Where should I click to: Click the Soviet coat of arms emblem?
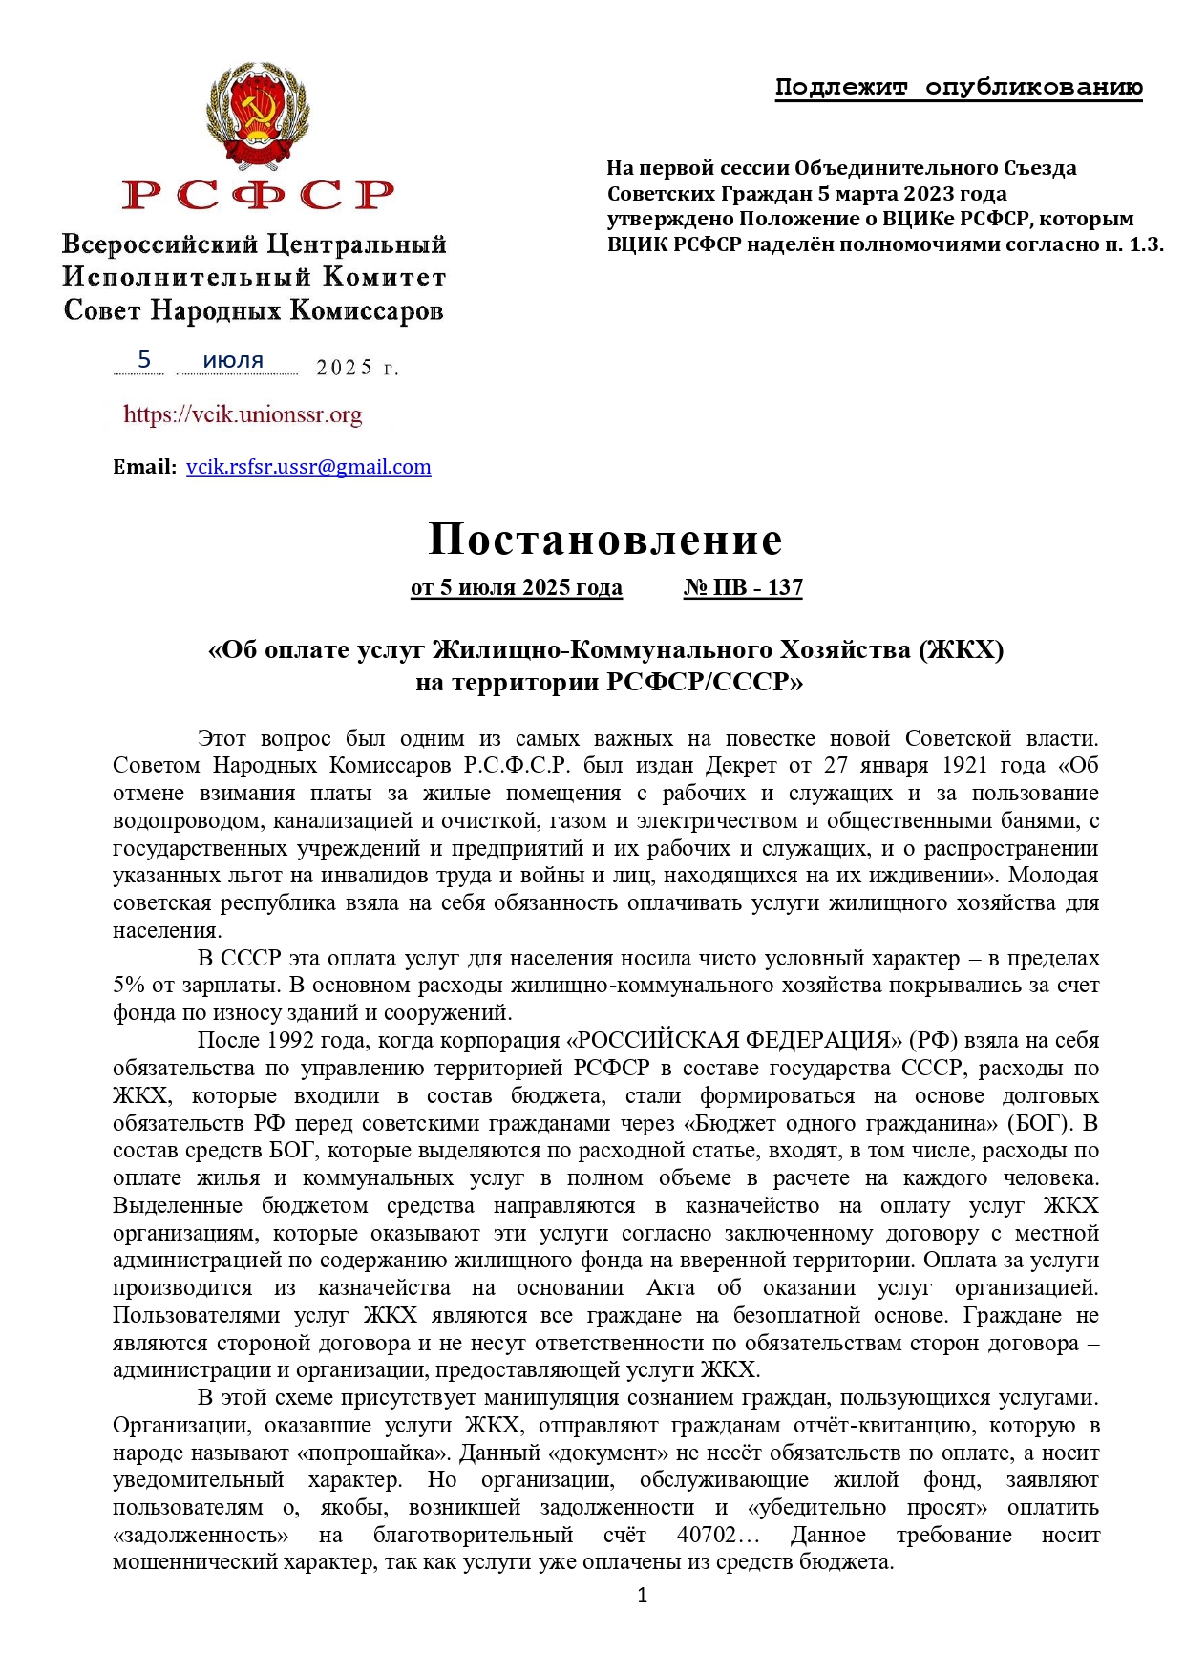pos(258,117)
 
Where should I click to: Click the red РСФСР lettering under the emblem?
pos(258,195)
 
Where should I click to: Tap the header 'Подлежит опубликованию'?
pos(959,88)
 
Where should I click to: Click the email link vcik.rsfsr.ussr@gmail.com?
pos(308,467)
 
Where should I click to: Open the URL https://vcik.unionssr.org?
pos(243,414)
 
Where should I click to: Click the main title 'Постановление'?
pos(605,540)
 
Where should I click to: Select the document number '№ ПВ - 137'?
pos(743,587)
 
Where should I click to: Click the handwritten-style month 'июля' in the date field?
pos(233,361)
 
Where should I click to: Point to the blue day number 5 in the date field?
pos(144,359)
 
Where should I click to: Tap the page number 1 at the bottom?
pos(642,1594)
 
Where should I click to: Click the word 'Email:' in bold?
pos(144,467)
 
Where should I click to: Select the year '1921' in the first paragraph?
pos(967,766)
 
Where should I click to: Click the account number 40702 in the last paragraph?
pos(706,1536)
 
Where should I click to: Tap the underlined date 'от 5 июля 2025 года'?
pos(516,587)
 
